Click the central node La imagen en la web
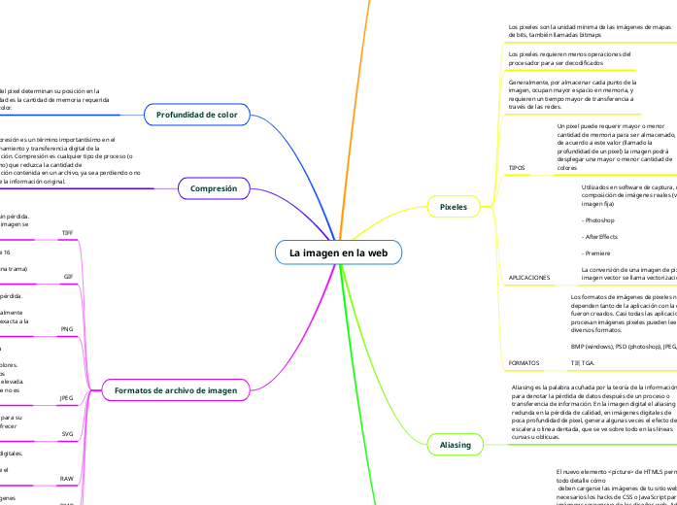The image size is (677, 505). (338, 224)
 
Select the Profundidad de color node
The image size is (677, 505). (197, 115)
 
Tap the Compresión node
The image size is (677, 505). (214, 188)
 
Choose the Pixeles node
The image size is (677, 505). (454, 207)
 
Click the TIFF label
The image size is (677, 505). (67, 233)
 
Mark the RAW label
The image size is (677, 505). (67, 479)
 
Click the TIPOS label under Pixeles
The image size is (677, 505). (518, 168)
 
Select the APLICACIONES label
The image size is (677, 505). (529, 250)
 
